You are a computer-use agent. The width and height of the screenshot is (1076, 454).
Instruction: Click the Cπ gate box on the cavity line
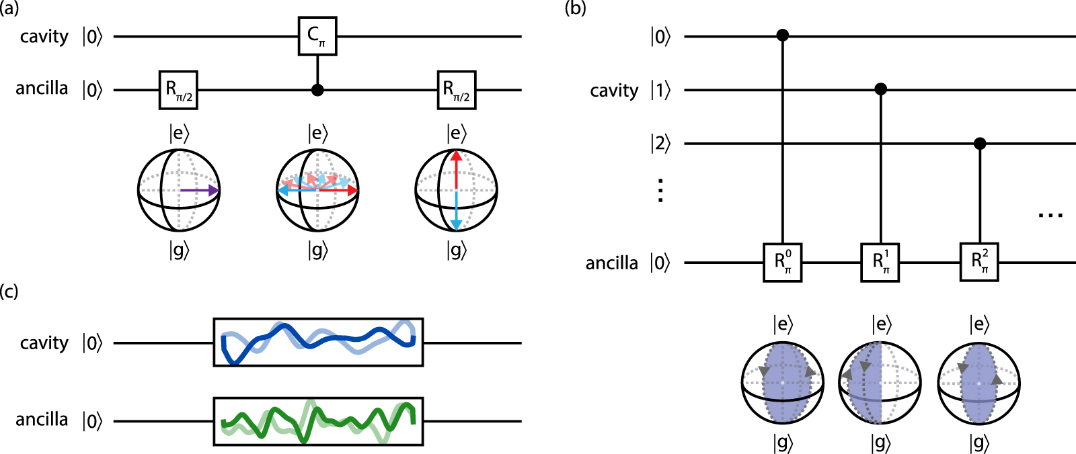click(317, 36)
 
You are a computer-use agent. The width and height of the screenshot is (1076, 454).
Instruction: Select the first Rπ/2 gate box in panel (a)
click(178, 89)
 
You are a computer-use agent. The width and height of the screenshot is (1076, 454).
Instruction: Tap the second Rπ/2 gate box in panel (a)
click(456, 89)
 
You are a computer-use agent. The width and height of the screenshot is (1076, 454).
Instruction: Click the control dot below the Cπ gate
click(317, 89)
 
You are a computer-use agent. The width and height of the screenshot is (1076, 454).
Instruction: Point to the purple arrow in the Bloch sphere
click(199, 191)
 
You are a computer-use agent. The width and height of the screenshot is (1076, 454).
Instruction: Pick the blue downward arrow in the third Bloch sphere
click(456, 212)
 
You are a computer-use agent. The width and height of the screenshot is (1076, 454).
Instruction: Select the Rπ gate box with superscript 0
click(783, 263)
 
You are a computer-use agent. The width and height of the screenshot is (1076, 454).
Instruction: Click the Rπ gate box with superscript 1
click(880, 263)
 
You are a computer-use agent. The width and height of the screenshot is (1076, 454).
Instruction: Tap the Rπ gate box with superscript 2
click(979, 263)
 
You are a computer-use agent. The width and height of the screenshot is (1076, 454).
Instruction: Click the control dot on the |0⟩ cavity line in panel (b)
click(782, 35)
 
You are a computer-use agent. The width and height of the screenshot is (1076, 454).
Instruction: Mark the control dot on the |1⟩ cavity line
click(880, 89)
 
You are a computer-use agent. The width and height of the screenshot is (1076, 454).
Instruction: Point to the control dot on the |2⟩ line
click(980, 143)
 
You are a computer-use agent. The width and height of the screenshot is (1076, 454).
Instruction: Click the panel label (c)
click(9, 292)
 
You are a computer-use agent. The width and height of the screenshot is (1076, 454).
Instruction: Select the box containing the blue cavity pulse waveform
click(318, 342)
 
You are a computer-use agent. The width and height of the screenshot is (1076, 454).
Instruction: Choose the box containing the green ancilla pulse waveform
click(318, 421)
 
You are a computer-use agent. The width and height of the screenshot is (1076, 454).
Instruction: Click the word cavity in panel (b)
click(613, 91)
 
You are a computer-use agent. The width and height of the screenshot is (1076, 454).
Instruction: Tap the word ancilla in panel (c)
click(42, 420)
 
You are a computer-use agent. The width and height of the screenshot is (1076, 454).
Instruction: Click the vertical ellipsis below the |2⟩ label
click(660, 191)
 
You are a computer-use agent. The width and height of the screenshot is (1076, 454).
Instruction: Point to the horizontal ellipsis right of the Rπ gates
click(1050, 216)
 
